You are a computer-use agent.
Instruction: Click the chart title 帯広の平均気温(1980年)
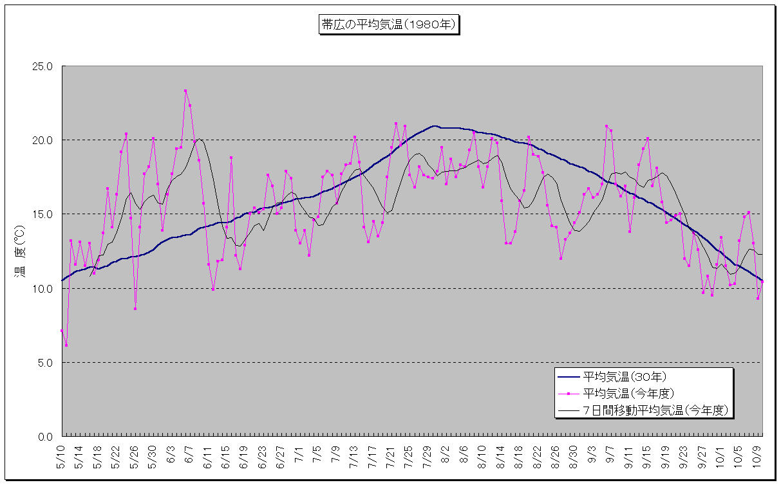(389, 25)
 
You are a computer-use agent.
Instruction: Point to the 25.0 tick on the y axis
(44, 66)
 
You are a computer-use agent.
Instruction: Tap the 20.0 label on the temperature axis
(44, 140)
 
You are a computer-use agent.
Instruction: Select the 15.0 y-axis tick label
(44, 214)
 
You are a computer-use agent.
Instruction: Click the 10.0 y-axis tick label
(44, 288)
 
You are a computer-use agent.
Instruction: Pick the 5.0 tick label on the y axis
(46, 363)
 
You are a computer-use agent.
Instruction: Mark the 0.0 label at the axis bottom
(46, 437)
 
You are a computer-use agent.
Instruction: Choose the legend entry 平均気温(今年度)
(628, 393)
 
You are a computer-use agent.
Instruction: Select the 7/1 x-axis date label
(299, 454)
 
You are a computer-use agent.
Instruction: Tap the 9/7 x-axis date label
(610, 454)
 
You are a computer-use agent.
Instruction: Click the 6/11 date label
(208, 455)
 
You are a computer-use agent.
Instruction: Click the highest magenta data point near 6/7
(185, 91)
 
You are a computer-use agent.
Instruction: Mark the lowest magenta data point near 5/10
(66, 345)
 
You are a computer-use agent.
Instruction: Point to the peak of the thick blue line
(435, 126)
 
